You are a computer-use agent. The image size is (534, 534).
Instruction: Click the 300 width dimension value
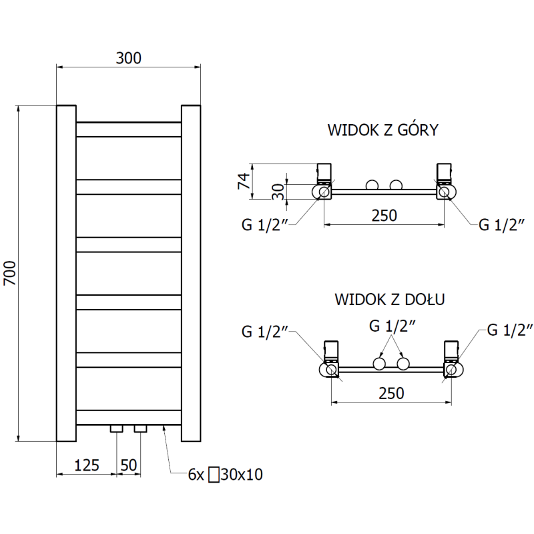pyautogui.click(x=128, y=58)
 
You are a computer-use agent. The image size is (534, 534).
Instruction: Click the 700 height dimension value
pyautogui.click(x=9, y=273)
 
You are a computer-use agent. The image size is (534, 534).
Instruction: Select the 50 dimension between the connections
pyautogui.click(x=128, y=465)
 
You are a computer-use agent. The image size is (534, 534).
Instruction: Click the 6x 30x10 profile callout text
pyautogui.click(x=225, y=475)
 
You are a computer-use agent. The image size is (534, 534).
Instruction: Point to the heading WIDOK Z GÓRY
pyautogui.click(x=382, y=130)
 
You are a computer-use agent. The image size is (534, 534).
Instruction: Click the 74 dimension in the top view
pyautogui.click(x=244, y=180)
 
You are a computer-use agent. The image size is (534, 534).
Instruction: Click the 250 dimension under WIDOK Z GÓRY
pyautogui.click(x=384, y=216)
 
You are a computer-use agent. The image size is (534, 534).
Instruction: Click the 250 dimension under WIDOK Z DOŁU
pyautogui.click(x=391, y=394)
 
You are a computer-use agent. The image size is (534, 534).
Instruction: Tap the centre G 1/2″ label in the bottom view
pyautogui.click(x=392, y=326)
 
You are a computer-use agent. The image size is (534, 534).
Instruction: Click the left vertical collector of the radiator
pyautogui.click(x=66, y=273)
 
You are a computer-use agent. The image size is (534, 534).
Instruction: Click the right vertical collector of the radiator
pyautogui.click(x=191, y=273)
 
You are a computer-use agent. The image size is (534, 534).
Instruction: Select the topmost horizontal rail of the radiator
pyautogui.click(x=129, y=129)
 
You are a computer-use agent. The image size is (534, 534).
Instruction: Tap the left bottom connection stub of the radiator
pyautogui.click(x=117, y=427)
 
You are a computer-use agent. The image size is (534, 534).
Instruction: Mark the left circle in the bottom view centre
pyautogui.click(x=379, y=364)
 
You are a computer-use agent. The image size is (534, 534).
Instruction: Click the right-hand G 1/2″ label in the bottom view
pyautogui.click(x=510, y=329)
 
